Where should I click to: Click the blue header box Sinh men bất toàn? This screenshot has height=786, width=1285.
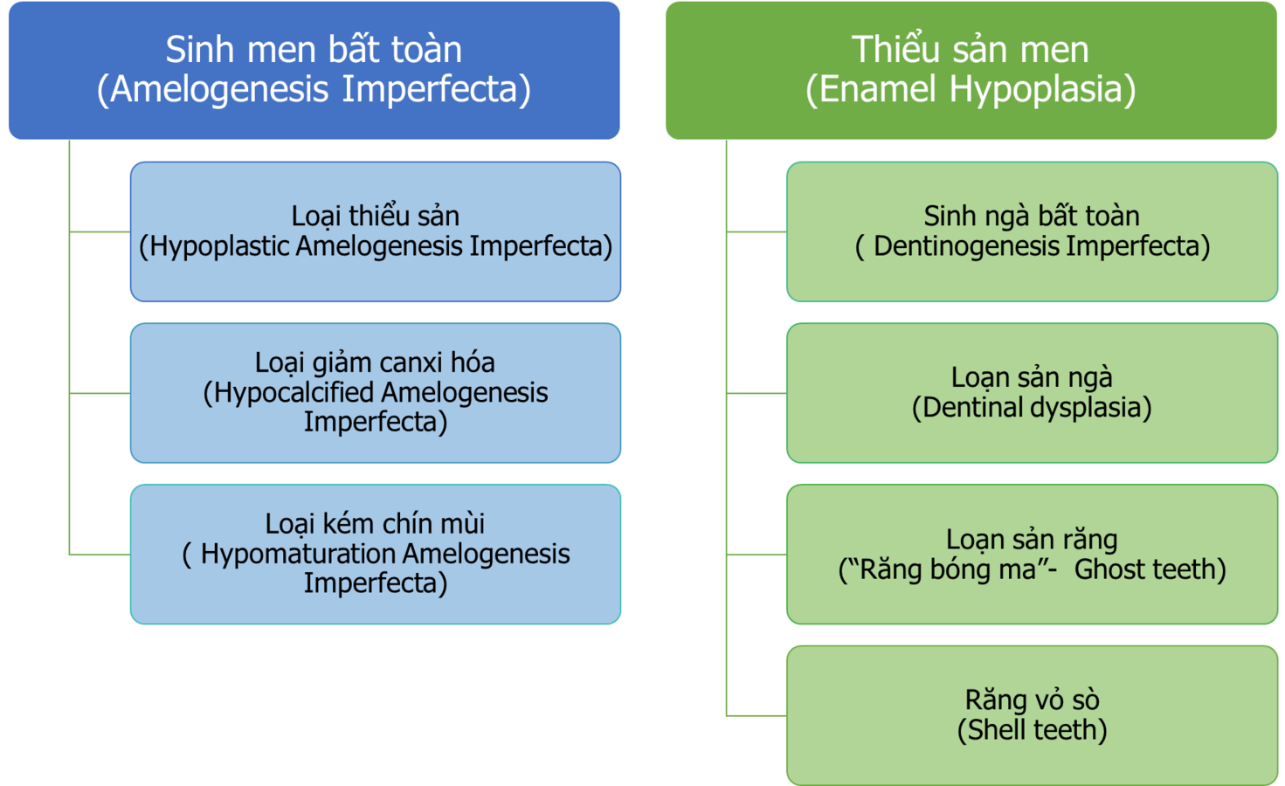coord(314,70)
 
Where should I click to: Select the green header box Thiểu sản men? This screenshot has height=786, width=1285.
coord(971,70)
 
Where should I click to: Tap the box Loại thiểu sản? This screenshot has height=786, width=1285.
coord(376,231)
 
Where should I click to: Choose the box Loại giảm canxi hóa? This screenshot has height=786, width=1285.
coord(376,392)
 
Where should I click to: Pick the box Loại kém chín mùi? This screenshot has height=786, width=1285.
coord(376,554)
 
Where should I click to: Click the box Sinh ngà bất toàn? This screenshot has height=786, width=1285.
coord(1032,231)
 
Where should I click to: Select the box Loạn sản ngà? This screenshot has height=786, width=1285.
coord(1032,392)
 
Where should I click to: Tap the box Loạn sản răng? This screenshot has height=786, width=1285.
coord(1032,554)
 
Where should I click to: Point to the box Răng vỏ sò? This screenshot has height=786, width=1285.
coord(1032,714)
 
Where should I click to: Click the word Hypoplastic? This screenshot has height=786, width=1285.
coord(220,247)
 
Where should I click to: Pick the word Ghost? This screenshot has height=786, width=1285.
coord(1110,569)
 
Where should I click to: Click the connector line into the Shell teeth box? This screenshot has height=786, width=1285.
coord(756,715)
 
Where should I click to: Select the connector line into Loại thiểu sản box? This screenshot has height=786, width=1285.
coord(100,231)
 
